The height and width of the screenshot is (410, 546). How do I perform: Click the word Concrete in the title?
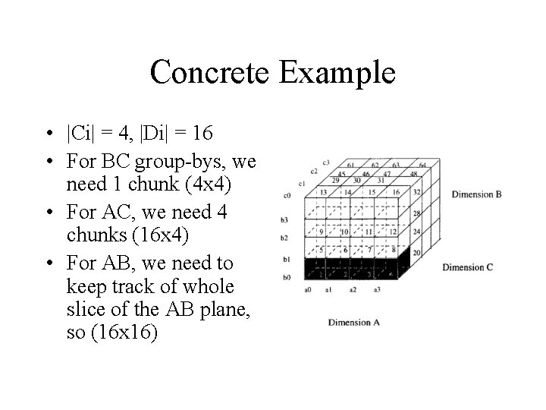(x=209, y=73)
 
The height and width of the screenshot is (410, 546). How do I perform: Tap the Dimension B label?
(x=476, y=194)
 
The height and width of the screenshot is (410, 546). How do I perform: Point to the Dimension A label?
(x=354, y=322)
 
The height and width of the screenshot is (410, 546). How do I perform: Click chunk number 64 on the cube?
(x=422, y=165)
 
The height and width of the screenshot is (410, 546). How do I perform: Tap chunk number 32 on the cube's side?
(x=417, y=193)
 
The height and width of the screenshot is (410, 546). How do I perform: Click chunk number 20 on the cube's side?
(x=416, y=252)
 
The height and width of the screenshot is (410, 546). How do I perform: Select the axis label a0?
(x=308, y=289)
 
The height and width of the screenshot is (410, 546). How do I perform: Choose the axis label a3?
(x=377, y=289)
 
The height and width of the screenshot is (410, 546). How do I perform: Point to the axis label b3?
(x=284, y=219)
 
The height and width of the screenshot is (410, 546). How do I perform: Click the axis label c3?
(x=326, y=162)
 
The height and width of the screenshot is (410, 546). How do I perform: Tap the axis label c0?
(x=287, y=196)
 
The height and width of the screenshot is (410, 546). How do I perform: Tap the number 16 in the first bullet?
(x=202, y=134)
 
